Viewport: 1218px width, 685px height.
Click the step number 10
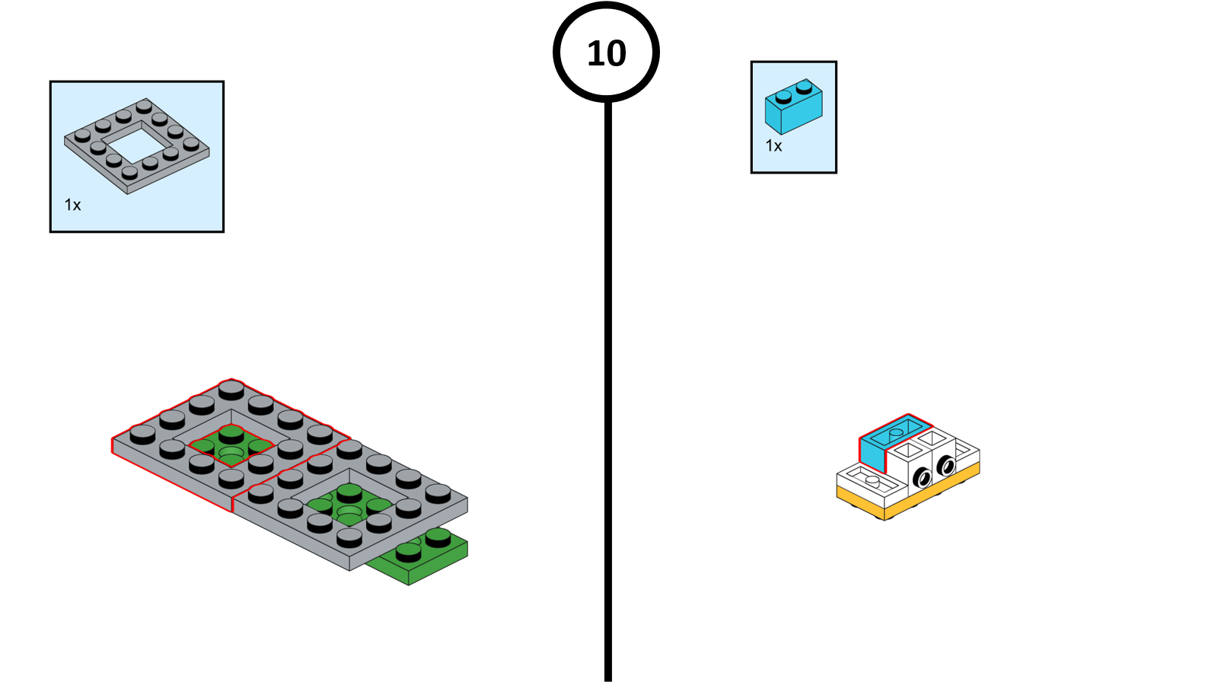pyautogui.click(x=606, y=53)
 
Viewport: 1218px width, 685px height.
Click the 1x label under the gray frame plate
pyautogui.click(x=72, y=205)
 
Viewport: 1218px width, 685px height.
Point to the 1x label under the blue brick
pyautogui.click(x=773, y=146)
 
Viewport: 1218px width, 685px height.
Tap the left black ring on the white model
pyautogui.click(x=922, y=478)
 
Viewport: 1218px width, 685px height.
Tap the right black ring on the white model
pyautogui.click(x=946, y=464)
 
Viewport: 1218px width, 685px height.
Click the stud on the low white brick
pyautogui.click(x=872, y=480)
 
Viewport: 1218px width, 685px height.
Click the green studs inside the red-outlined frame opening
pyautogui.click(x=231, y=444)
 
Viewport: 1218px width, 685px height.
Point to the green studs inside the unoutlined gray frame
pyautogui.click(x=349, y=504)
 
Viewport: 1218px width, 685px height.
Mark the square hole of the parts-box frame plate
pyautogui.click(x=137, y=144)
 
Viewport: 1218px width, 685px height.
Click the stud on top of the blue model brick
pyautogui.click(x=896, y=432)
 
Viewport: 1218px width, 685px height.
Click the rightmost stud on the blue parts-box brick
pyautogui.click(x=804, y=85)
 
